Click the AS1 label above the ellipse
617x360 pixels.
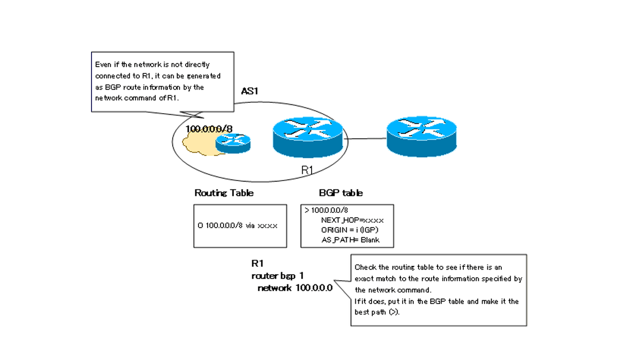click(250, 91)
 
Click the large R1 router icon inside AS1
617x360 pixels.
click(308, 136)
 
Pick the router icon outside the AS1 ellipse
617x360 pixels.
click(421, 136)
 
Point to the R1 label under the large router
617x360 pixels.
click(307, 170)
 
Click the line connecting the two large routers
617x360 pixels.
click(368, 138)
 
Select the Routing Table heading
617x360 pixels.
click(224, 193)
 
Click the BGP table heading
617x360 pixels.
click(340, 193)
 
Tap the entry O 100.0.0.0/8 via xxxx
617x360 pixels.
click(238, 226)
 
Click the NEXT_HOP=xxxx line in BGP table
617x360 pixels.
click(352, 220)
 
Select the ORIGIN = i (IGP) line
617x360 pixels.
click(353, 230)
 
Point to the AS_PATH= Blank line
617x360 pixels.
click(350, 240)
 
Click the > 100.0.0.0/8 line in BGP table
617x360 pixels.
click(326, 210)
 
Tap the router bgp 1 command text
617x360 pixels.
click(281, 276)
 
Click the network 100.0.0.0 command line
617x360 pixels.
click(295, 288)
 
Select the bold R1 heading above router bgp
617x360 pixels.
click(257, 264)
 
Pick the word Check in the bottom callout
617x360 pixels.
click(365, 267)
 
